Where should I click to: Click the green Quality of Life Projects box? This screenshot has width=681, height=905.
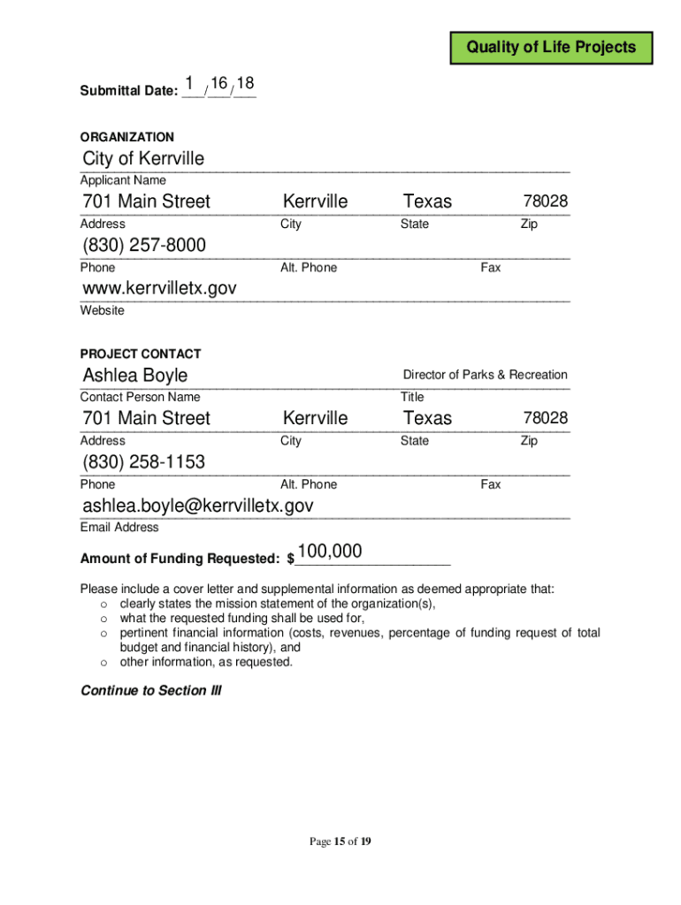pos(551,47)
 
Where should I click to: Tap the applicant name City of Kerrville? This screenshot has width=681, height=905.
pos(143,159)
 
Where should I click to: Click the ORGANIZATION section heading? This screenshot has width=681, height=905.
pos(127,137)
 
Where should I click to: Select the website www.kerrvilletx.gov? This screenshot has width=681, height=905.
pos(159,288)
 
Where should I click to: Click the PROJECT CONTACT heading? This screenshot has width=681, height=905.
pos(141,354)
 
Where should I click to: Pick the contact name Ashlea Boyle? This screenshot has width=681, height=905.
pos(135,375)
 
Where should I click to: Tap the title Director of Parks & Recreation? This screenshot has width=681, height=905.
pos(485,375)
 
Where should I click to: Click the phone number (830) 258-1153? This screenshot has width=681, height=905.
pos(143,461)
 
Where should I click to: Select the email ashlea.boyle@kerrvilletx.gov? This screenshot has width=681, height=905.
pos(198,505)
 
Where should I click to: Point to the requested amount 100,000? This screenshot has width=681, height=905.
pos(330,552)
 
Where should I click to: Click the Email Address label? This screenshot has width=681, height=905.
pos(119,528)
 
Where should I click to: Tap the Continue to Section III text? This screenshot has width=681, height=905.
pos(150,690)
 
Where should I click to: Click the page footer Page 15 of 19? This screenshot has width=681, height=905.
pos(340,841)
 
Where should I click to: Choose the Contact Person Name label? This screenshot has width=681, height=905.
pos(140,398)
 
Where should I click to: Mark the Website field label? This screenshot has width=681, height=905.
pos(103,311)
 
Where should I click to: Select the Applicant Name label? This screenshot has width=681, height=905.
pos(123,181)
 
